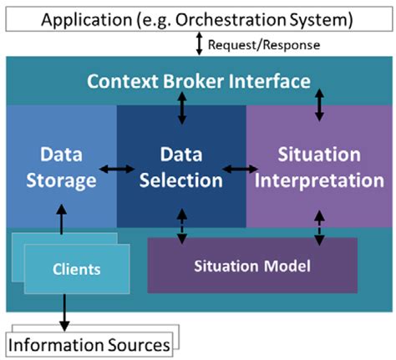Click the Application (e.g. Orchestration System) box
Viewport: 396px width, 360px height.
(197, 18)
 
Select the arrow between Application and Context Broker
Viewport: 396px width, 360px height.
(198, 44)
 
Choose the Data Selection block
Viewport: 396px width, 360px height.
(181, 167)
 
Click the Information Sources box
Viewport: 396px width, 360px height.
(90, 343)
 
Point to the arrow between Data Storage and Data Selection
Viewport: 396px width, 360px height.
(116, 170)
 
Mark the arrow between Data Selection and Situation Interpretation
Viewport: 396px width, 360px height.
(246, 170)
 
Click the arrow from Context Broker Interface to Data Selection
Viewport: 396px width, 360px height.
(182, 108)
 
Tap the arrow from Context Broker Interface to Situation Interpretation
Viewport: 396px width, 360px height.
(317, 106)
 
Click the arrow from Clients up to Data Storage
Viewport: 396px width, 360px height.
(61, 221)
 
